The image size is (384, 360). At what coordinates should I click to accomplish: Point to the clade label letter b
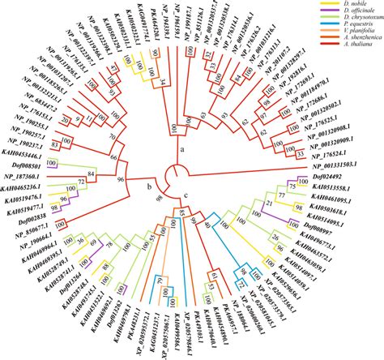click(147, 188)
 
